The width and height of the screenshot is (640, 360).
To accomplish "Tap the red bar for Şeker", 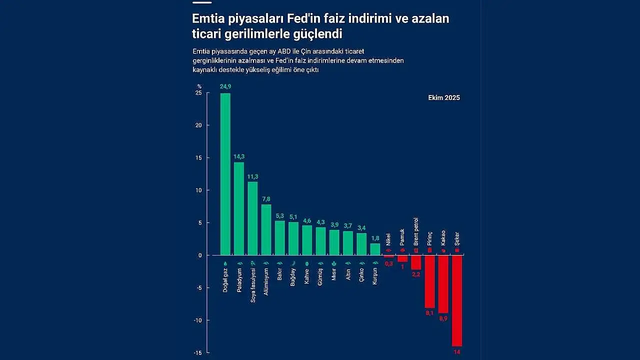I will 457,300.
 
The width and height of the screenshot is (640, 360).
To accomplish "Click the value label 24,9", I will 225,86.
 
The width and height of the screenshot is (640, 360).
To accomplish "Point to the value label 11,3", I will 252,176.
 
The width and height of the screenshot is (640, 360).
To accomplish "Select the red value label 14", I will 457,352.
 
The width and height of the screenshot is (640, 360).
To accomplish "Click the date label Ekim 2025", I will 444,98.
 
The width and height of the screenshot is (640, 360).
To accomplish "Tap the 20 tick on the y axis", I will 198,125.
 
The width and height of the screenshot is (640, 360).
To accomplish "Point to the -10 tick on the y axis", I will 197,320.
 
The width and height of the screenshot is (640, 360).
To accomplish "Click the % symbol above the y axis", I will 199,86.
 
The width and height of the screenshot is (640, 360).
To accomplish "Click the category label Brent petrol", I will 416,231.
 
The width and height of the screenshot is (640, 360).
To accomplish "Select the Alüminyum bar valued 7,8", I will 266,229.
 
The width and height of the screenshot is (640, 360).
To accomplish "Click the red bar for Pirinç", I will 429,281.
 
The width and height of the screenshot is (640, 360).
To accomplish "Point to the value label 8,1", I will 429,313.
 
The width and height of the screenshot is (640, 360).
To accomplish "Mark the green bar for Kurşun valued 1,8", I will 375,249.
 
